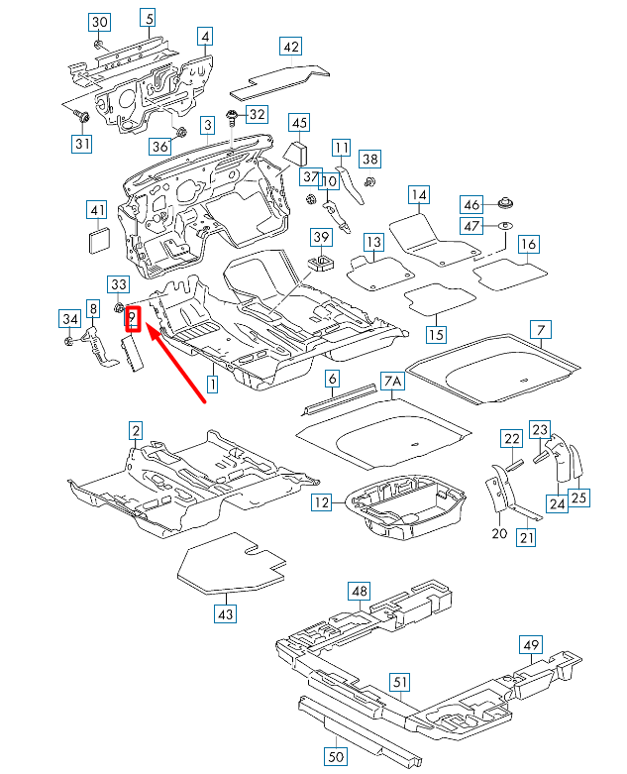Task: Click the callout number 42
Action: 290,47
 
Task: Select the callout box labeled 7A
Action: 392,381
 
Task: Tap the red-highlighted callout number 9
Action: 132,319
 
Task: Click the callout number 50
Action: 335,757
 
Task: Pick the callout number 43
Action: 227,614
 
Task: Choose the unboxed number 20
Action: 499,534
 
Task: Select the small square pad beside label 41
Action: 97,241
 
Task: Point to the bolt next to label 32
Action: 231,117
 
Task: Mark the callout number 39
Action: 322,236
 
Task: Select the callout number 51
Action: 400,682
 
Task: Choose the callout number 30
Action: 99,22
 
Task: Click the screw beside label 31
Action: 82,118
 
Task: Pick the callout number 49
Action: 531,647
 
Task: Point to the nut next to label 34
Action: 68,342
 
